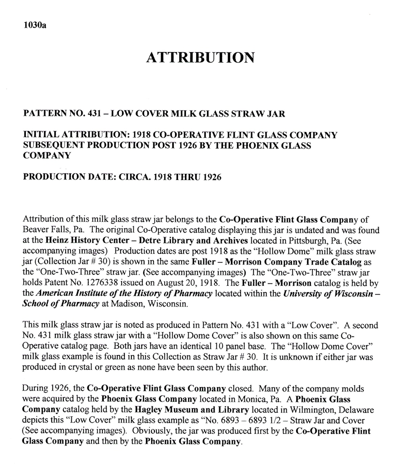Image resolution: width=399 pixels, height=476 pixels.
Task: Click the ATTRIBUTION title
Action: (200, 58)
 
